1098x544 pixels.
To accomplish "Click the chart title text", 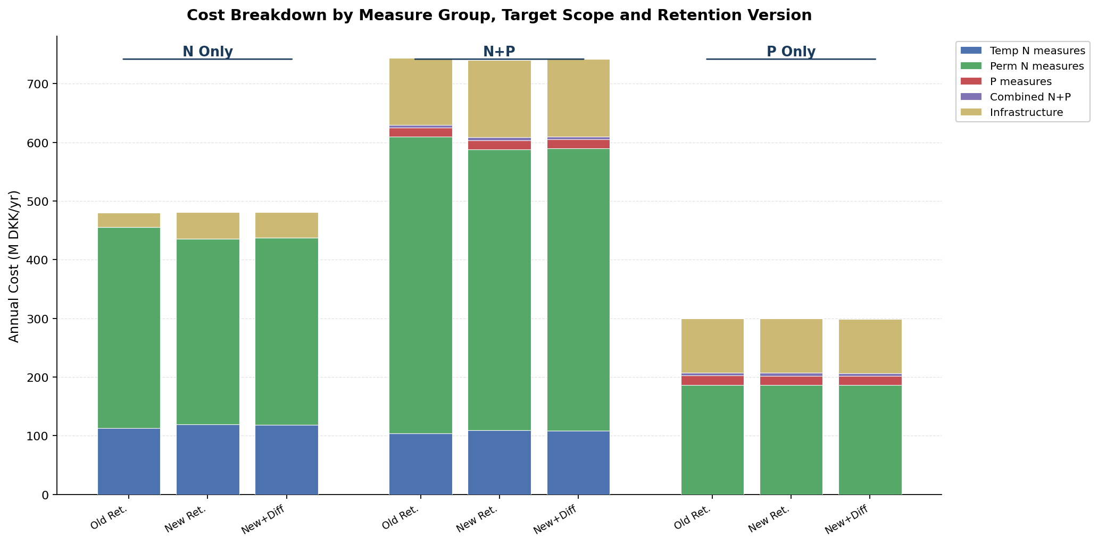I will [x=499, y=15].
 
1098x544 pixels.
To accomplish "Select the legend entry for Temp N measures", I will [x=1037, y=51].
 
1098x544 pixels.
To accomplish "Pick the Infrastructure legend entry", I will [x=1026, y=113].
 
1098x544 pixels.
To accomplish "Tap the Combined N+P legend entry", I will [x=1030, y=97].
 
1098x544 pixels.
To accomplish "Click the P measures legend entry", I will [x=1020, y=82].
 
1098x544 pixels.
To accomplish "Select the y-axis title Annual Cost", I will [x=14, y=266].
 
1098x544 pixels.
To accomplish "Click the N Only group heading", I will [x=207, y=52].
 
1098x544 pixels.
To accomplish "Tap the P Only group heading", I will [x=791, y=52].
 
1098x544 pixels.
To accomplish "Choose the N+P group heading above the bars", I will [x=499, y=52].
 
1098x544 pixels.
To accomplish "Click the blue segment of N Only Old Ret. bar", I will [x=129, y=461].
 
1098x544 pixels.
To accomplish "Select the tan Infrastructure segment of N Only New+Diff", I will [x=287, y=225].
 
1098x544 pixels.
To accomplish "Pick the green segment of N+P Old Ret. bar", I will [x=420, y=284].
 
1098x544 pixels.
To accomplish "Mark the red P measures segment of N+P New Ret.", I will [x=499, y=145].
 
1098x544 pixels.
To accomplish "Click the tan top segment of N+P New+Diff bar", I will [x=578, y=98].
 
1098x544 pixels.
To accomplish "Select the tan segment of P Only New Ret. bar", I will [x=791, y=346].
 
